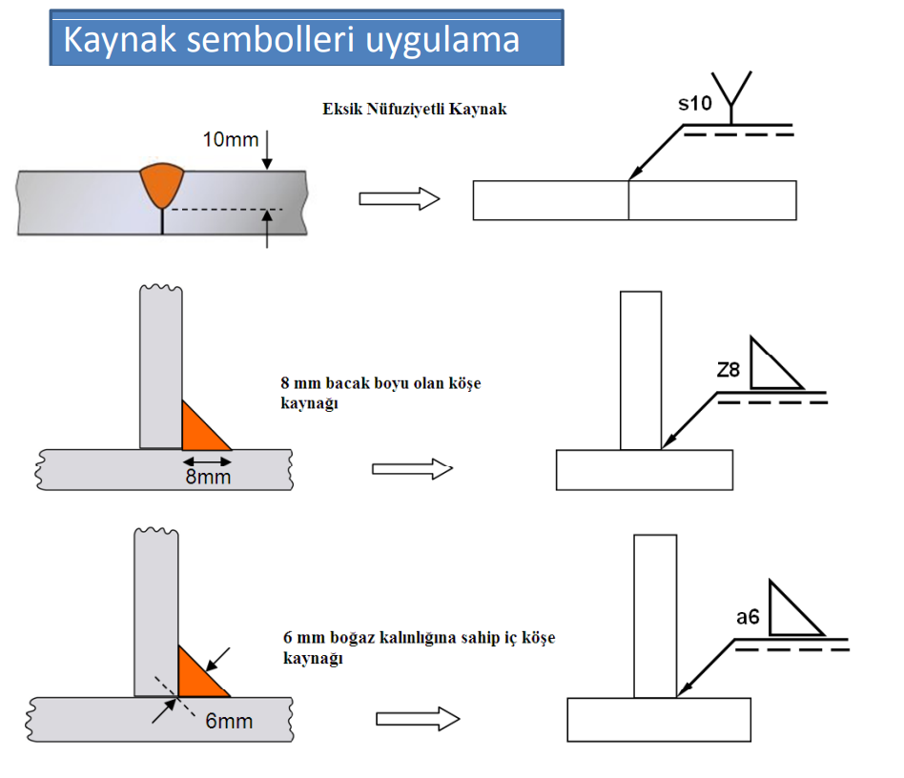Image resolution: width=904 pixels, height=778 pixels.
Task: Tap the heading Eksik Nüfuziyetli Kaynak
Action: coord(415,109)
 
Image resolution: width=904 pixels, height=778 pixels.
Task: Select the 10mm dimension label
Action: coord(230,140)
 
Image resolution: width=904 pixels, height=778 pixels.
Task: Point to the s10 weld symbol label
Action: coord(695,104)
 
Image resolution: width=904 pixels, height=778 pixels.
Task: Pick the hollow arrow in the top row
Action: coord(399,199)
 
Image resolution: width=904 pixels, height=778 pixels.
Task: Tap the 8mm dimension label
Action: coord(208,476)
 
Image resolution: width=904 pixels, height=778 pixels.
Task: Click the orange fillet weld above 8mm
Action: coord(201,429)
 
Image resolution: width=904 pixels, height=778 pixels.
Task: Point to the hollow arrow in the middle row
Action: coord(412,468)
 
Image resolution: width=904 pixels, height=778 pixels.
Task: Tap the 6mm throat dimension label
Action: coord(229,721)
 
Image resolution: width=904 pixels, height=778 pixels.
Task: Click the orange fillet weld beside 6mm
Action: coord(197,673)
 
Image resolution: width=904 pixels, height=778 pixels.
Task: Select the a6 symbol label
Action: coord(748,618)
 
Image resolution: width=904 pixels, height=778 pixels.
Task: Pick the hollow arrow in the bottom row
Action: coord(417,720)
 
